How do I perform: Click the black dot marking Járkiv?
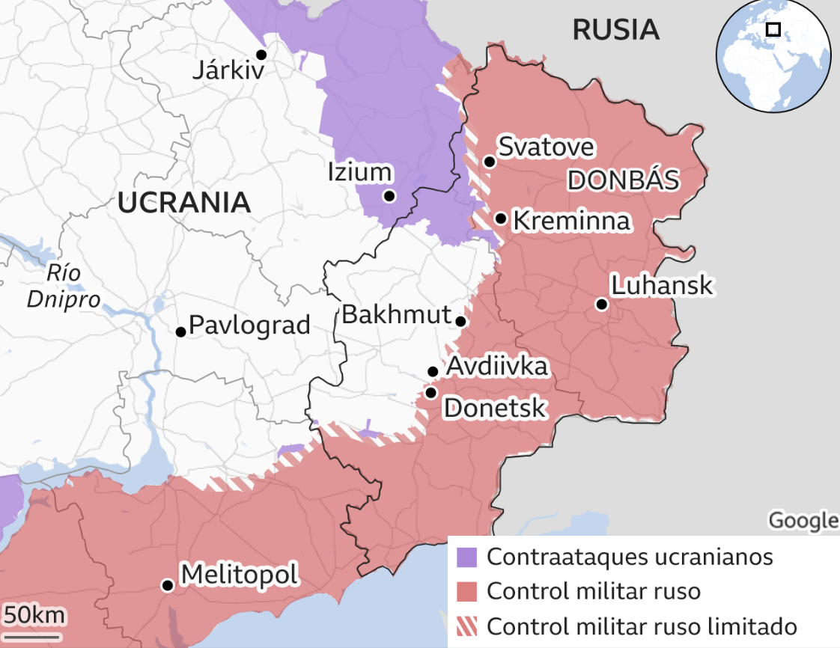pos(261,55)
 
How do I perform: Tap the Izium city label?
pos(360,172)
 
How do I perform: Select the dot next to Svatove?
pos(489,162)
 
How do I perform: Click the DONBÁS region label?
pos(623,180)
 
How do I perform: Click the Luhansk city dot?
pos(601,304)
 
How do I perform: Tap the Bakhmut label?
pos(396,314)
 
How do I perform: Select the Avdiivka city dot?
pos(433,371)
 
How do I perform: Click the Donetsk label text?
pos(495,408)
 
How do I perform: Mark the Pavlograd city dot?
pos(180,331)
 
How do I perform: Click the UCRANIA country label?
pos(183,202)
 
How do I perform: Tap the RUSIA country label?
pos(615,30)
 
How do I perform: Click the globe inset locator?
pos(773,56)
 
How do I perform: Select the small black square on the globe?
pos(773,30)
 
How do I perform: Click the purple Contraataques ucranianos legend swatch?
pos(467,557)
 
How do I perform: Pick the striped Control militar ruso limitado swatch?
pos(467,626)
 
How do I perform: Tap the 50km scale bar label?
pos(33,616)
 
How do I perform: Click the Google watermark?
pos(803,520)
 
